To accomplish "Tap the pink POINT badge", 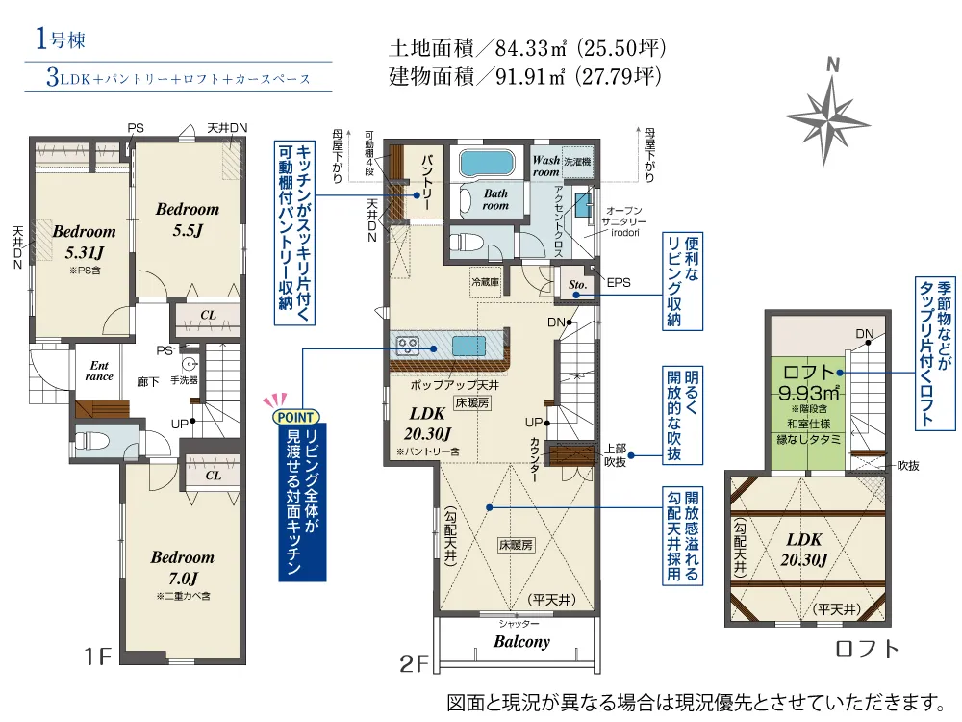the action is [295, 417].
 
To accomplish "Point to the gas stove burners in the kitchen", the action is [407, 346].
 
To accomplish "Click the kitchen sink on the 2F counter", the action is [469, 346].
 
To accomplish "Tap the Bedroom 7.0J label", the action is [183, 567].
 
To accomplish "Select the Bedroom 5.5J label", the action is [188, 219].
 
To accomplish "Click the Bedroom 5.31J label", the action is [84, 242].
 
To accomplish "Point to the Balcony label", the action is [521, 642].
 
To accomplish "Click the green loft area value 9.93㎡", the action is [809, 393].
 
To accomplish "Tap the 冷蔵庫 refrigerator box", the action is [485, 282].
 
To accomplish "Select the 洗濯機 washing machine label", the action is [577, 162].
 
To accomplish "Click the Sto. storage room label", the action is [577, 284].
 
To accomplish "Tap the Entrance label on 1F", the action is [99, 372].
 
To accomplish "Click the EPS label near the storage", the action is [619, 282].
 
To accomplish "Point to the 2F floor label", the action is [414, 664].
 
